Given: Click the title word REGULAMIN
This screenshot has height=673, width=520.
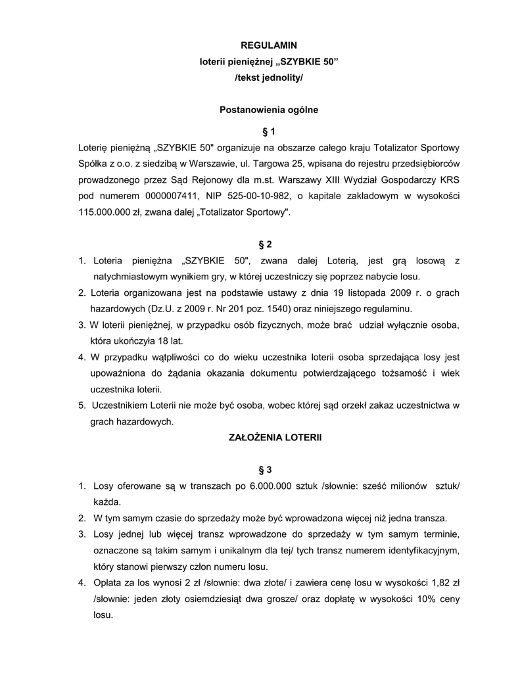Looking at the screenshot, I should [269, 45].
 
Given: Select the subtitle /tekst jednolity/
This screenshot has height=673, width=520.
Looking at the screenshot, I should [269, 78].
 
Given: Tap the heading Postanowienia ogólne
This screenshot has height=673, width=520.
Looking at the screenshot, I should [269, 110].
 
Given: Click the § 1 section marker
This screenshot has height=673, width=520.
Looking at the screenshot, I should [269, 131].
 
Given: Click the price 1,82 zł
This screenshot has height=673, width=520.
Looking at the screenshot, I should [445, 582].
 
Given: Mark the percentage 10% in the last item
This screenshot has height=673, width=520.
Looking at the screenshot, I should [410, 599].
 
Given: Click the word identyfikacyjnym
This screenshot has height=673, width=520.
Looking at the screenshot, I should [421, 549].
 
